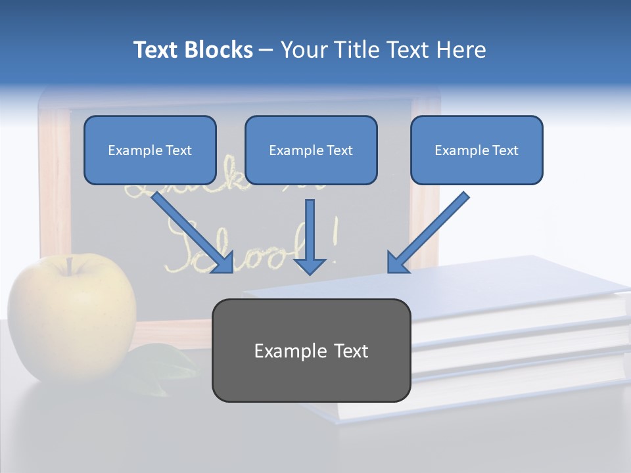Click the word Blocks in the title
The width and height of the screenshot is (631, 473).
pyautogui.click(x=218, y=50)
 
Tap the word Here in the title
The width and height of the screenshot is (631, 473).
pyautogui.click(x=463, y=50)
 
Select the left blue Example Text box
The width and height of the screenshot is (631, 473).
pyautogui.click(x=150, y=150)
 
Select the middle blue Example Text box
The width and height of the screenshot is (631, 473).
pyautogui.click(x=311, y=150)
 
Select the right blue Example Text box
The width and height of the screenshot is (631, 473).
pyautogui.click(x=477, y=150)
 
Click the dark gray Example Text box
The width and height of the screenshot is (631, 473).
pyautogui.click(x=311, y=350)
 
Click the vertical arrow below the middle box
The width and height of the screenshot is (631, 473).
pyautogui.click(x=310, y=236)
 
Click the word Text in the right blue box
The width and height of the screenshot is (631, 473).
pyautogui.click(x=505, y=150)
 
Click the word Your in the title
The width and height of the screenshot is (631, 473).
pyautogui.click(x=304, y=50)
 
